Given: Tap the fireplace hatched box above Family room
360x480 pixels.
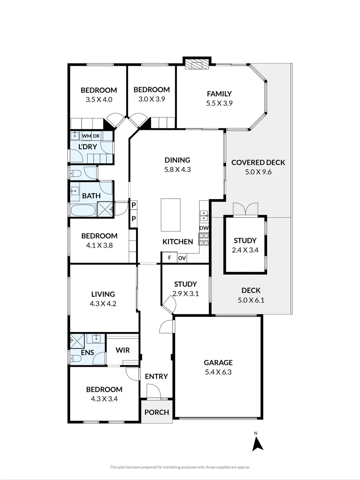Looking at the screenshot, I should click(196, 65).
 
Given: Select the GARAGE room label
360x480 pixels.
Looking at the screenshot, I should click(218, 363).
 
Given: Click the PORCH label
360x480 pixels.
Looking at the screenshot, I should click(157, 412).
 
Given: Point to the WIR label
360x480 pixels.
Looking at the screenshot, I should click(123, 350).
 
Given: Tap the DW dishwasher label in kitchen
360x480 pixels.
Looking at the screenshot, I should click(204, 228).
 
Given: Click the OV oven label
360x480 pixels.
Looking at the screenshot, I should click(182, 258).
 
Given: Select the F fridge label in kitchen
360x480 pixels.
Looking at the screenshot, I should click(169, 258).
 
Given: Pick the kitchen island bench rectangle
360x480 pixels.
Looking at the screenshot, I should click(171, 215).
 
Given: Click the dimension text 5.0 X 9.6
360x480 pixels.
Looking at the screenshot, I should click(258, 172).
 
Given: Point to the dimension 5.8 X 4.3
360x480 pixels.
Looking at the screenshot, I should click(177, 169).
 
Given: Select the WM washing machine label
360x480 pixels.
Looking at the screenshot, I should click(85, 136).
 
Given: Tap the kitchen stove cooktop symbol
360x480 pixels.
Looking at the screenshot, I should click(204, 239).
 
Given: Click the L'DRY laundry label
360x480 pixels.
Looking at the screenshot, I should click(88, 147).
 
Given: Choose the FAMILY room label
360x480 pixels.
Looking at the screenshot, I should click(219, 94).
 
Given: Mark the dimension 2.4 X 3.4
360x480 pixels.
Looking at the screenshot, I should click(245, 250).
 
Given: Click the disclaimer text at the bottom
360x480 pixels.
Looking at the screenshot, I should click(180, 467).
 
